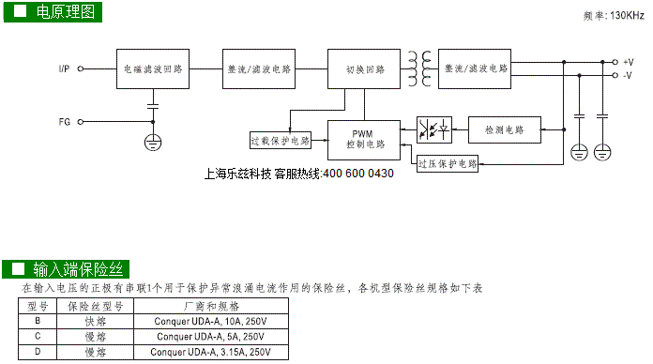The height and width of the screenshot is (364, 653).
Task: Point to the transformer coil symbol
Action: [419, 68]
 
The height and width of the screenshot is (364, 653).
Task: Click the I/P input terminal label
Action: [64, 68]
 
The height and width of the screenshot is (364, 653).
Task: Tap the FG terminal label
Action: [65, 122]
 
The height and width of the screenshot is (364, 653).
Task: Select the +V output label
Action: [629, 62]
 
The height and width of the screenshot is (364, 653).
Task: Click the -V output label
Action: [628, 75]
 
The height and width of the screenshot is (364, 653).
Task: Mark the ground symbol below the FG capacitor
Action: [153, 143]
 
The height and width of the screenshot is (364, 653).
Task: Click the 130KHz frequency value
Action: [627, 15]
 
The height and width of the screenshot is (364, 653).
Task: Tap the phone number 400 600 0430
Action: [358, 174]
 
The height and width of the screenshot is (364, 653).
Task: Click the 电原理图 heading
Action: [66, 11]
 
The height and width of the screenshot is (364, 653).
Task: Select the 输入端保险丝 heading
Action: [78, 269]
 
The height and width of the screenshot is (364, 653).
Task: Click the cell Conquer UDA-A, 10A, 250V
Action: [211, 321]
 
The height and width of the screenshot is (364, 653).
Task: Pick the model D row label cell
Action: [38, 352]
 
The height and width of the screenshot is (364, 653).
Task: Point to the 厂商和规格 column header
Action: [211, 306]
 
